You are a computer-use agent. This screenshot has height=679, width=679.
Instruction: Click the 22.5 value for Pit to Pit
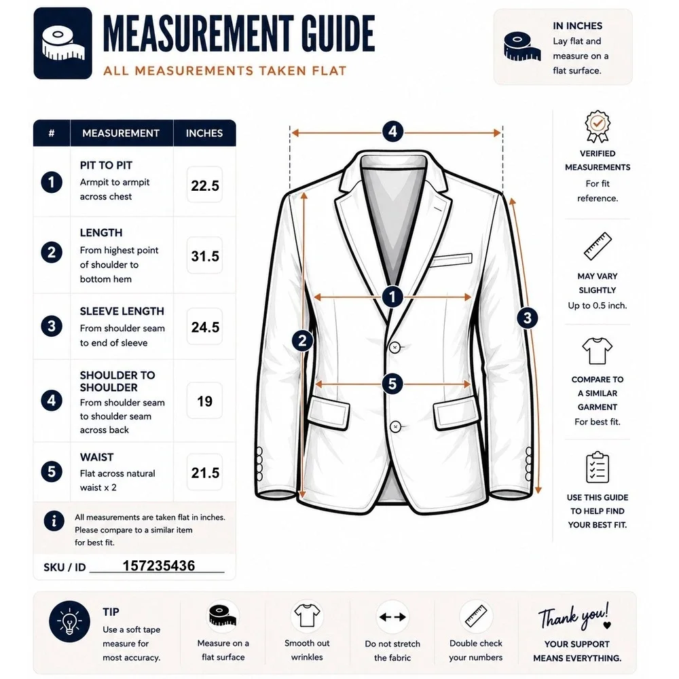coord(205,186)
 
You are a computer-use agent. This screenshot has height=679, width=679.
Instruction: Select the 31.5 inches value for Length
coord(205,256)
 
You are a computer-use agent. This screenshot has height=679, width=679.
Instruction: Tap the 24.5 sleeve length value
coord(205,327)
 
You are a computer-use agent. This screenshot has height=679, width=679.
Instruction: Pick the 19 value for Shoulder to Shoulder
coord(204,401)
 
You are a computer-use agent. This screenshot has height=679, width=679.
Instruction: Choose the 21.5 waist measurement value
coord(205,473)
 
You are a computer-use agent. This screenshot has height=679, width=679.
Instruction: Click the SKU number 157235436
coord(158,566)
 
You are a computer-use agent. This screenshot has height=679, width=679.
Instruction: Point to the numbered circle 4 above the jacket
coord(392,131)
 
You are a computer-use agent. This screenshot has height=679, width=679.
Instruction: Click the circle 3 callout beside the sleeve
coord(527,318)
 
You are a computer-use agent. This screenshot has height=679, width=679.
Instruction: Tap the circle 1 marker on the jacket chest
coord(392,297)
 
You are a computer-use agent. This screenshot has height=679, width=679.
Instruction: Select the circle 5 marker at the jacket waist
coord(392,384)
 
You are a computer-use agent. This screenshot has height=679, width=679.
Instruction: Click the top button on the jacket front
coord(395,347)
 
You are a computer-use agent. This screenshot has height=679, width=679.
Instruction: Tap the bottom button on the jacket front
coord(395,427)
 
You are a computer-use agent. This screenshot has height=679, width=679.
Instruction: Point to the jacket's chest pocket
coord(452,259)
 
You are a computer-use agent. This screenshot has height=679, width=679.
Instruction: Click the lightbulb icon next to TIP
coord(69,621)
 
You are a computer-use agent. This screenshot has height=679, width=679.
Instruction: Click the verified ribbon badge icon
coord(597,126)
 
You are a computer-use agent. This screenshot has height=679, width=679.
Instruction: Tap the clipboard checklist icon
coord(597,467)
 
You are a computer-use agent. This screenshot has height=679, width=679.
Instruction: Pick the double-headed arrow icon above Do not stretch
coord(392,617)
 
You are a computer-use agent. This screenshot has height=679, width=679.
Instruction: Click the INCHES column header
coord(204,133)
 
